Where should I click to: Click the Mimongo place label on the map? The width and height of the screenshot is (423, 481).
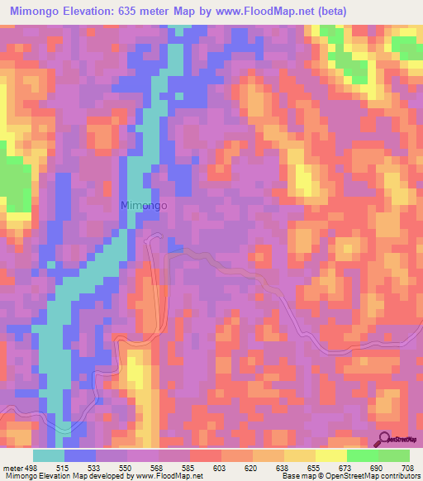pyautogui.click(x=145, y=206)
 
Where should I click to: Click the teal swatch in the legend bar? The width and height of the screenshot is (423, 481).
pyautogui.click(x=49, y=455)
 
